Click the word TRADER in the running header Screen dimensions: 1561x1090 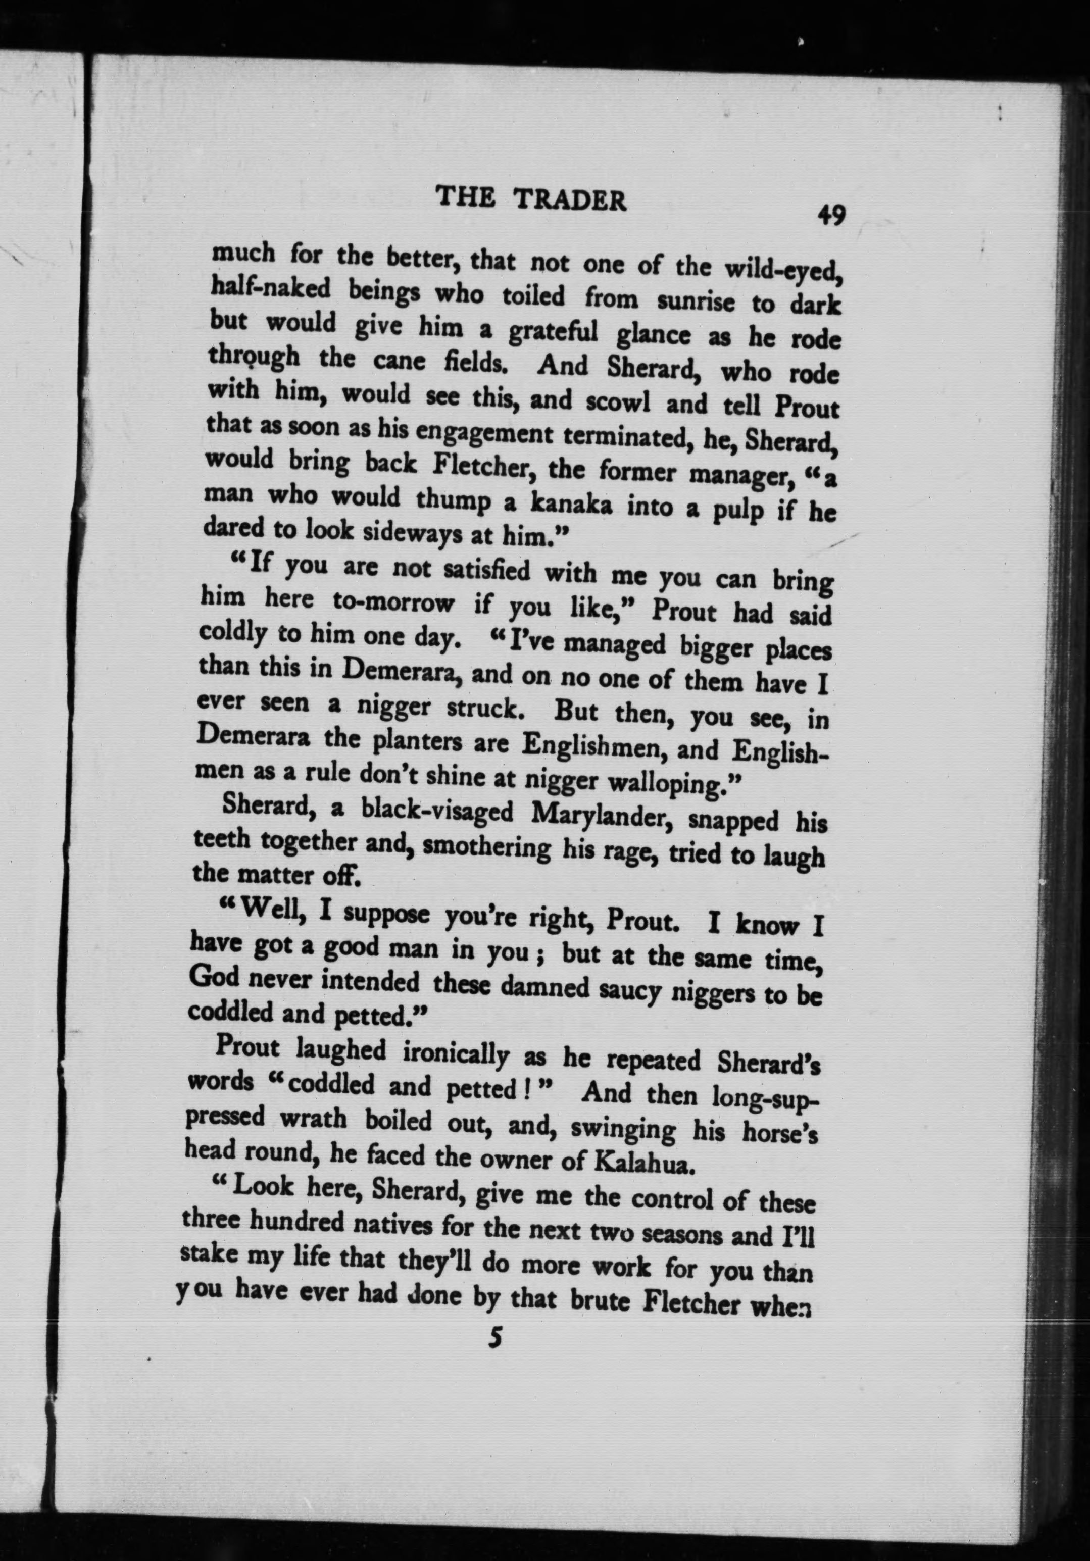pyautogui.click(x=569, y=200)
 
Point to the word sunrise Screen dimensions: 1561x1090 pyautogui.click(x=691, y=300)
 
